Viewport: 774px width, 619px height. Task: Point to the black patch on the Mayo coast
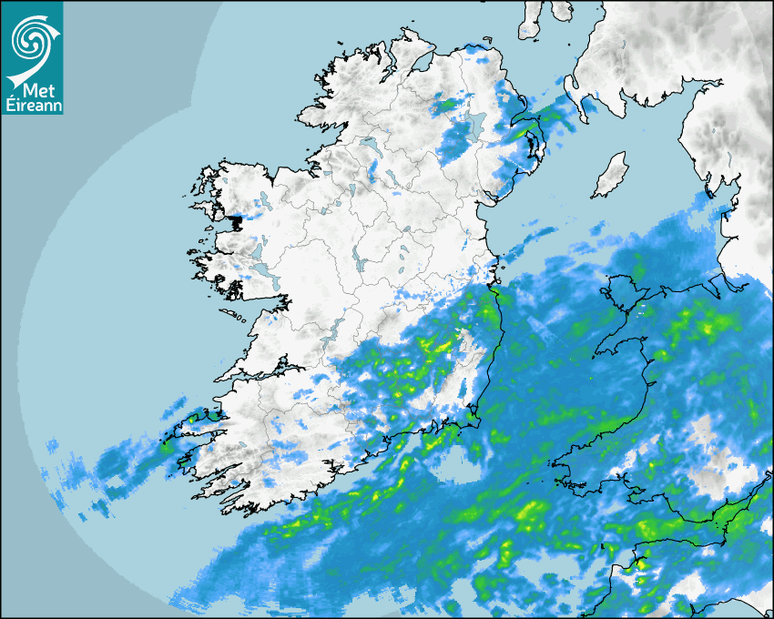tap(236, 221)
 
